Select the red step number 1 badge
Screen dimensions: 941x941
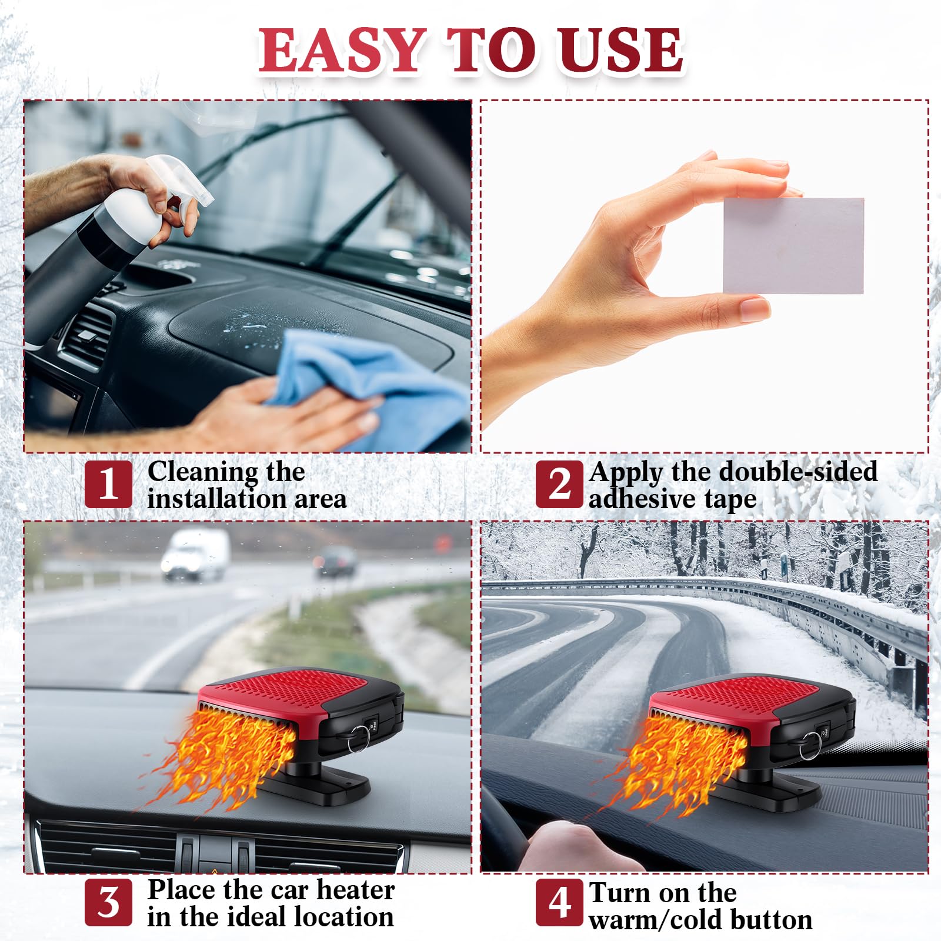click(x=108, y=484)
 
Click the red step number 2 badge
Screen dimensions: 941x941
click(x=559, y=484)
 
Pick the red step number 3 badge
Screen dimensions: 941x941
click(x=108, y=902)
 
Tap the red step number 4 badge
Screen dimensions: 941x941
click(x=559, y=902)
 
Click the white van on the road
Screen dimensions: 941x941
click(x=195, y=554)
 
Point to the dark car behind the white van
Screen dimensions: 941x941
click(x=336, y=562)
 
